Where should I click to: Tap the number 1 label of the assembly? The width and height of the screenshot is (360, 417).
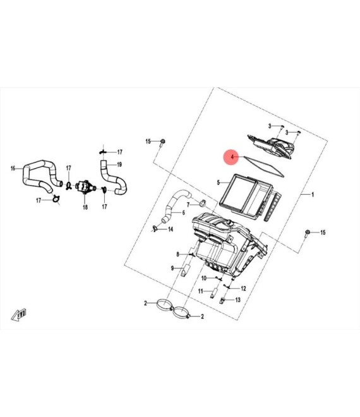point(313,195)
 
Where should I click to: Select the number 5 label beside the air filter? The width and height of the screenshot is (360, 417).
point(219,183)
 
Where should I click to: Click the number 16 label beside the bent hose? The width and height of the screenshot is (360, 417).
point(13,168)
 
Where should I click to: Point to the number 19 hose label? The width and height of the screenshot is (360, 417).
point(119,165)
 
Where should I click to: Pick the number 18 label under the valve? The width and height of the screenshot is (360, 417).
point(85,207)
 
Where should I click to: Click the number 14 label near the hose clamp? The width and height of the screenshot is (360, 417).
point(171,229)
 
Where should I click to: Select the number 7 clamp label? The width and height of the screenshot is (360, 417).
point(188,205)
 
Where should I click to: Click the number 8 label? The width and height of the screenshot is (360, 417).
point(178,255)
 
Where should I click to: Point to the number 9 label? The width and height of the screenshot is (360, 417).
point(172,269)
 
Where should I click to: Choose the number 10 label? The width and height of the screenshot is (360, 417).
point(204,279)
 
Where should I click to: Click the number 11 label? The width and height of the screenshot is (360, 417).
point(201,291)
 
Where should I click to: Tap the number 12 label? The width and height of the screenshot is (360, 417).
point(243,289)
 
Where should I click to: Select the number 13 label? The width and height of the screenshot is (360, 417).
point(238,300)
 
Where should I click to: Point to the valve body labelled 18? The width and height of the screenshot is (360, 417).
point(85,187)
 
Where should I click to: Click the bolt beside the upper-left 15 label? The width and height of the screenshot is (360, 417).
point(162,142)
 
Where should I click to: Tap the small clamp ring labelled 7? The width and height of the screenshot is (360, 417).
point(203,204)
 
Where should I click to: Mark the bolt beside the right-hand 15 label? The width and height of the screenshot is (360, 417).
point(308,233)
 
